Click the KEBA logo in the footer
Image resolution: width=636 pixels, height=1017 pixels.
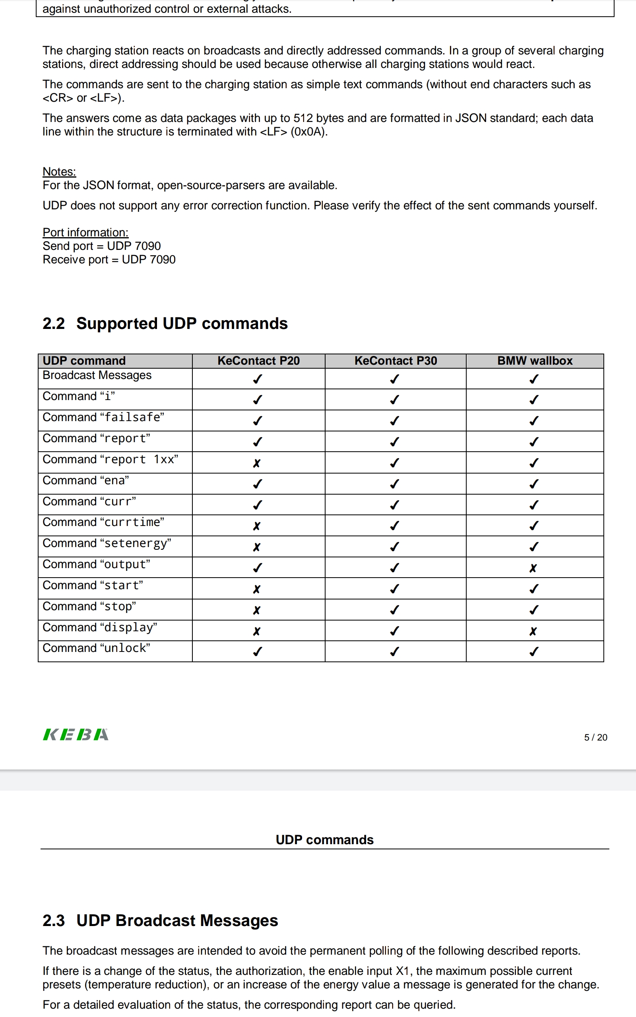(76, 735)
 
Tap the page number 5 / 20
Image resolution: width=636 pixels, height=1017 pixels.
(595, 738)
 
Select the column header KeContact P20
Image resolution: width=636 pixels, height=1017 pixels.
(258, 361)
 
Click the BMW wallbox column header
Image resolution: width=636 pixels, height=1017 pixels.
(535, 361)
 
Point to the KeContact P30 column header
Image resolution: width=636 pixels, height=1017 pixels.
(396, 361)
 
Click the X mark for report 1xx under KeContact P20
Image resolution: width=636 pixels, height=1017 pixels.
(257, 463)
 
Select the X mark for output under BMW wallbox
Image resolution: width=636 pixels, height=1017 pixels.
(533, 568)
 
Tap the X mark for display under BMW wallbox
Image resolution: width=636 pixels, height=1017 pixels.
(533, 631)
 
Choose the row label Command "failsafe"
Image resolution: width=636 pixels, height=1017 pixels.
(103, 417)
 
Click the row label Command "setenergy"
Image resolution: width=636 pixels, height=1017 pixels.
(107, 543)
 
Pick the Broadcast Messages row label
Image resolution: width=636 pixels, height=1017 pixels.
(97, 375)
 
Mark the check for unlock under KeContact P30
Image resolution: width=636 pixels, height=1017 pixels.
(395, 652)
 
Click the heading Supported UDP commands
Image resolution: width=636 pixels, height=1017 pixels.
(182, 324)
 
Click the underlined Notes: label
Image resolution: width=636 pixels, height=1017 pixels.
(59, 172)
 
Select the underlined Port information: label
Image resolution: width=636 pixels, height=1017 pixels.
(85, 232)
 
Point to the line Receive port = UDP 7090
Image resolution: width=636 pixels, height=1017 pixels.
(109, 260)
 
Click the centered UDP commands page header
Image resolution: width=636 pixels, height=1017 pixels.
(324, 840)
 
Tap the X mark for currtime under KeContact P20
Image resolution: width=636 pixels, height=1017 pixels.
(257, 526)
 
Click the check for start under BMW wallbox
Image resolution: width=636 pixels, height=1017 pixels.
(534, 589)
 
